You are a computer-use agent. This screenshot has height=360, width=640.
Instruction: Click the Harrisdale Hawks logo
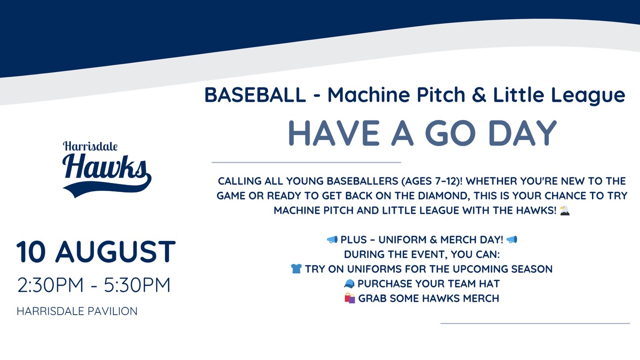[107, 169]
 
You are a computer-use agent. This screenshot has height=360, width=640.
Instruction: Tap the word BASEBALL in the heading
[255, 95]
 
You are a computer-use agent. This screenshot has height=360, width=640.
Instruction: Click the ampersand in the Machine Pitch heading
[479, 95]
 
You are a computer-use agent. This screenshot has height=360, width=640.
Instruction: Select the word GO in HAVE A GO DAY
[451, 133]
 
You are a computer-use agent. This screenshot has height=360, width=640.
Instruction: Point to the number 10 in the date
[31, 252]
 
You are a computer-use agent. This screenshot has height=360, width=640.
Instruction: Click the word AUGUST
[116, 252]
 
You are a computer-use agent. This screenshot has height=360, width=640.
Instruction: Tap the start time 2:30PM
[51, 285]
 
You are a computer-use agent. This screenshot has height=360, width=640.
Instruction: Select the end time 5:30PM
[137, 285]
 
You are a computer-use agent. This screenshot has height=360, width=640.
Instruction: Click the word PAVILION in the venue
[112, 311]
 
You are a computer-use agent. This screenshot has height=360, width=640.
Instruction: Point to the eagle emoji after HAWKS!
[564, 211]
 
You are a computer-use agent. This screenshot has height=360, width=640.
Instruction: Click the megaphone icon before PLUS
[332, 240]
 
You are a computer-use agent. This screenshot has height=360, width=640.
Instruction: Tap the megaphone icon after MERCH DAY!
[512, 240]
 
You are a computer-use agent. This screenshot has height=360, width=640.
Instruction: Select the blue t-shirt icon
[296, 269]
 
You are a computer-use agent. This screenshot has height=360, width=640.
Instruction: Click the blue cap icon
[349, 284]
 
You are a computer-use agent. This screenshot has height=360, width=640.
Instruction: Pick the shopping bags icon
[350, 298]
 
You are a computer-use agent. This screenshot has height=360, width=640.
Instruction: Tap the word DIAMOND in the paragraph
[443, 196]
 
